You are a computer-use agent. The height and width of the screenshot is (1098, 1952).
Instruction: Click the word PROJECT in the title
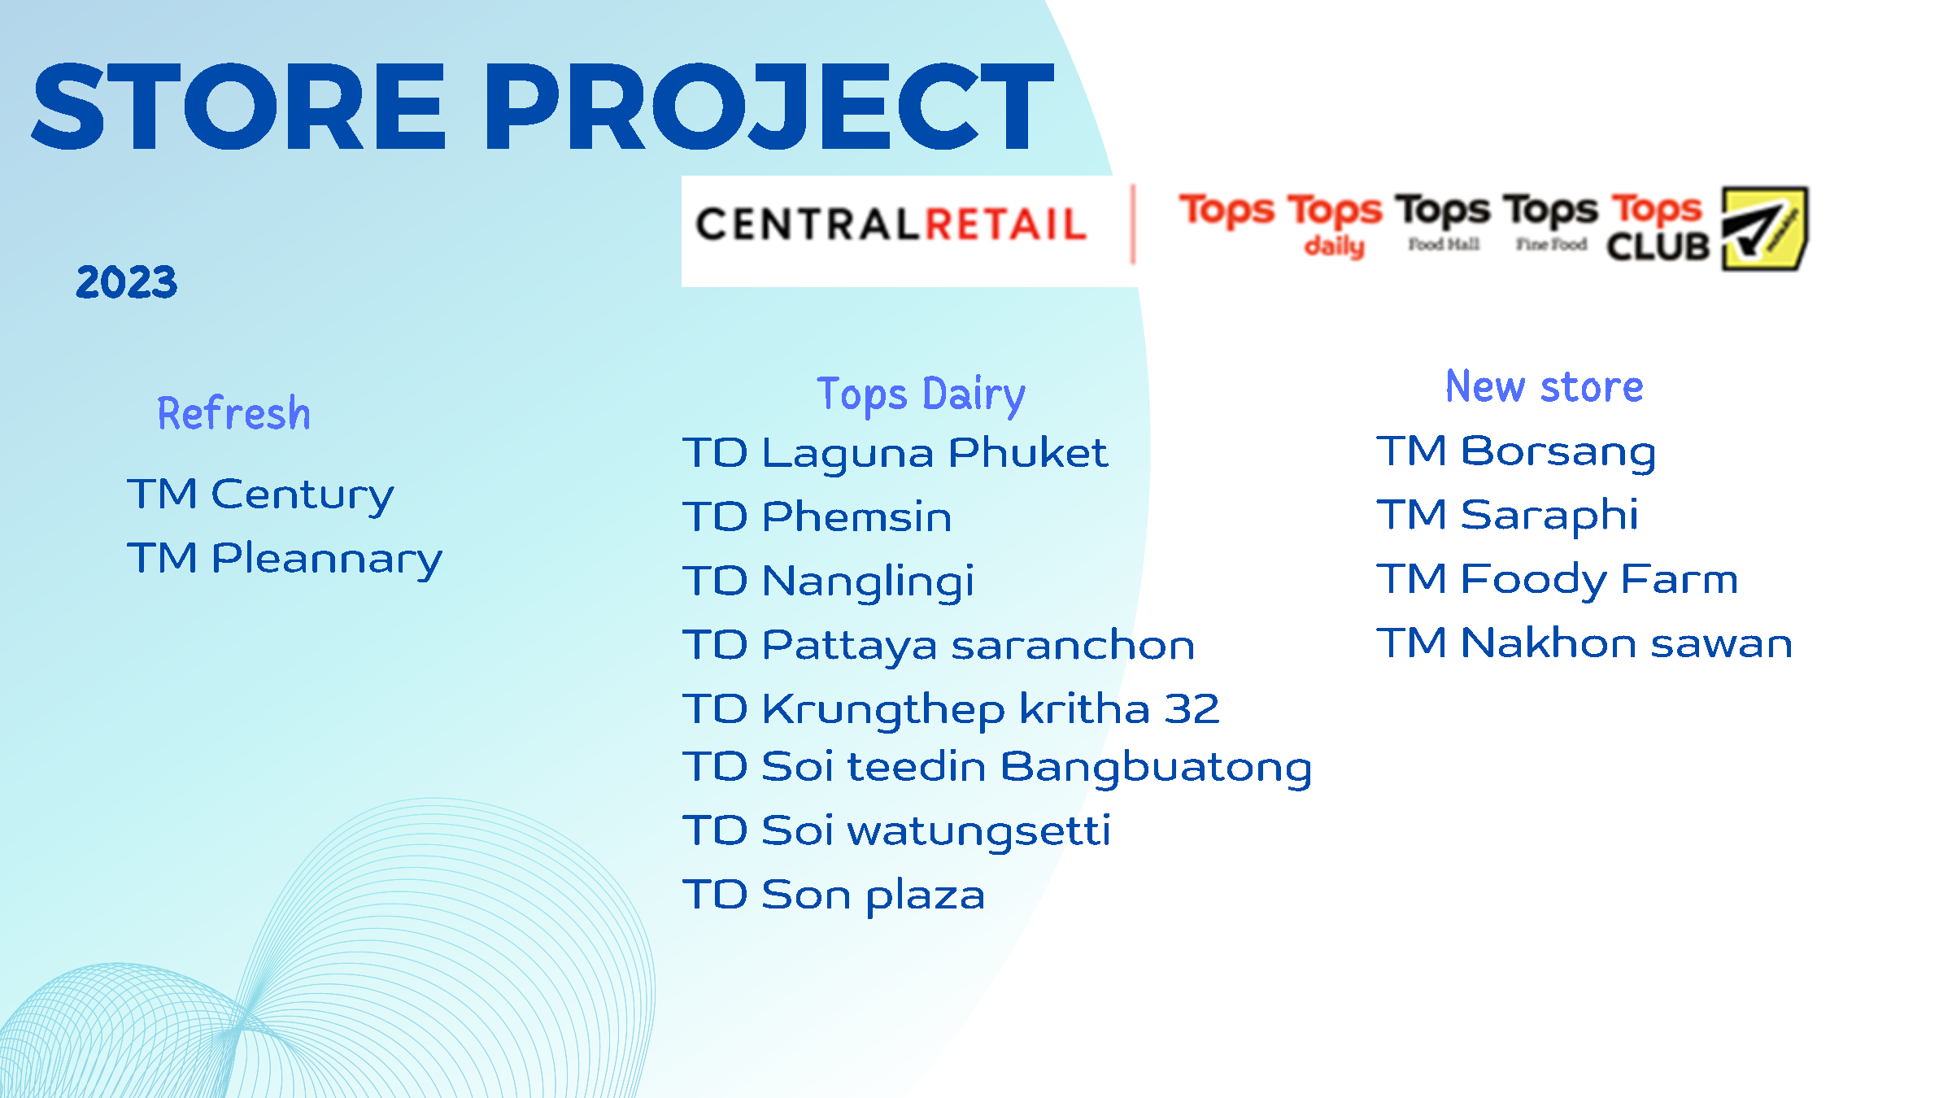[769, 107]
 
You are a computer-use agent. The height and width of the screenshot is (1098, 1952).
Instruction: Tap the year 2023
[126, 282]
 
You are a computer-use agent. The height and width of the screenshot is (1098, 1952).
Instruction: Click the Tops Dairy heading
[921, 394]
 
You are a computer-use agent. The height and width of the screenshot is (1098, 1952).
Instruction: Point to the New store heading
[1544, 386]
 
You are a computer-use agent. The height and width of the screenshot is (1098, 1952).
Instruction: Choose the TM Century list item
[260, 495]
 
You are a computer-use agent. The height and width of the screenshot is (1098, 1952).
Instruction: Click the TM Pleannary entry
[285, 560]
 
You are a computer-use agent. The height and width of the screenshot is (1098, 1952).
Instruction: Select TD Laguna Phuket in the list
[895, 453]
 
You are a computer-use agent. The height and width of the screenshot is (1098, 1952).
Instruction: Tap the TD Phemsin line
[817, 516]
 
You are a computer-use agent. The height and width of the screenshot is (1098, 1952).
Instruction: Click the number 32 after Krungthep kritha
[1192, 709]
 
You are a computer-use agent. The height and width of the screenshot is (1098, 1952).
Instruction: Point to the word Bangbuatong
[1156, 768]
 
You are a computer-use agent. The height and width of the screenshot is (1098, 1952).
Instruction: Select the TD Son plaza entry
[834, 895]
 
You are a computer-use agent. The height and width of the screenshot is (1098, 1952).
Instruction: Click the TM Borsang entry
[1516, 452]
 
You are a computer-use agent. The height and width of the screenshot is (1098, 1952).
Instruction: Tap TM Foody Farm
[1558, 580]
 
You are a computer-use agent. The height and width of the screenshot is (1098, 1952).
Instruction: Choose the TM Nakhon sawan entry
[1584, 643]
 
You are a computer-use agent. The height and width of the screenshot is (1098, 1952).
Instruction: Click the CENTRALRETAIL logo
[891, 224]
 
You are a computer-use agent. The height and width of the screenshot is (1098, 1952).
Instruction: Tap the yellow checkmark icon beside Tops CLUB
[1764, 229]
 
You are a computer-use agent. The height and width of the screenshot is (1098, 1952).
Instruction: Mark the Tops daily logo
[1334, 224]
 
